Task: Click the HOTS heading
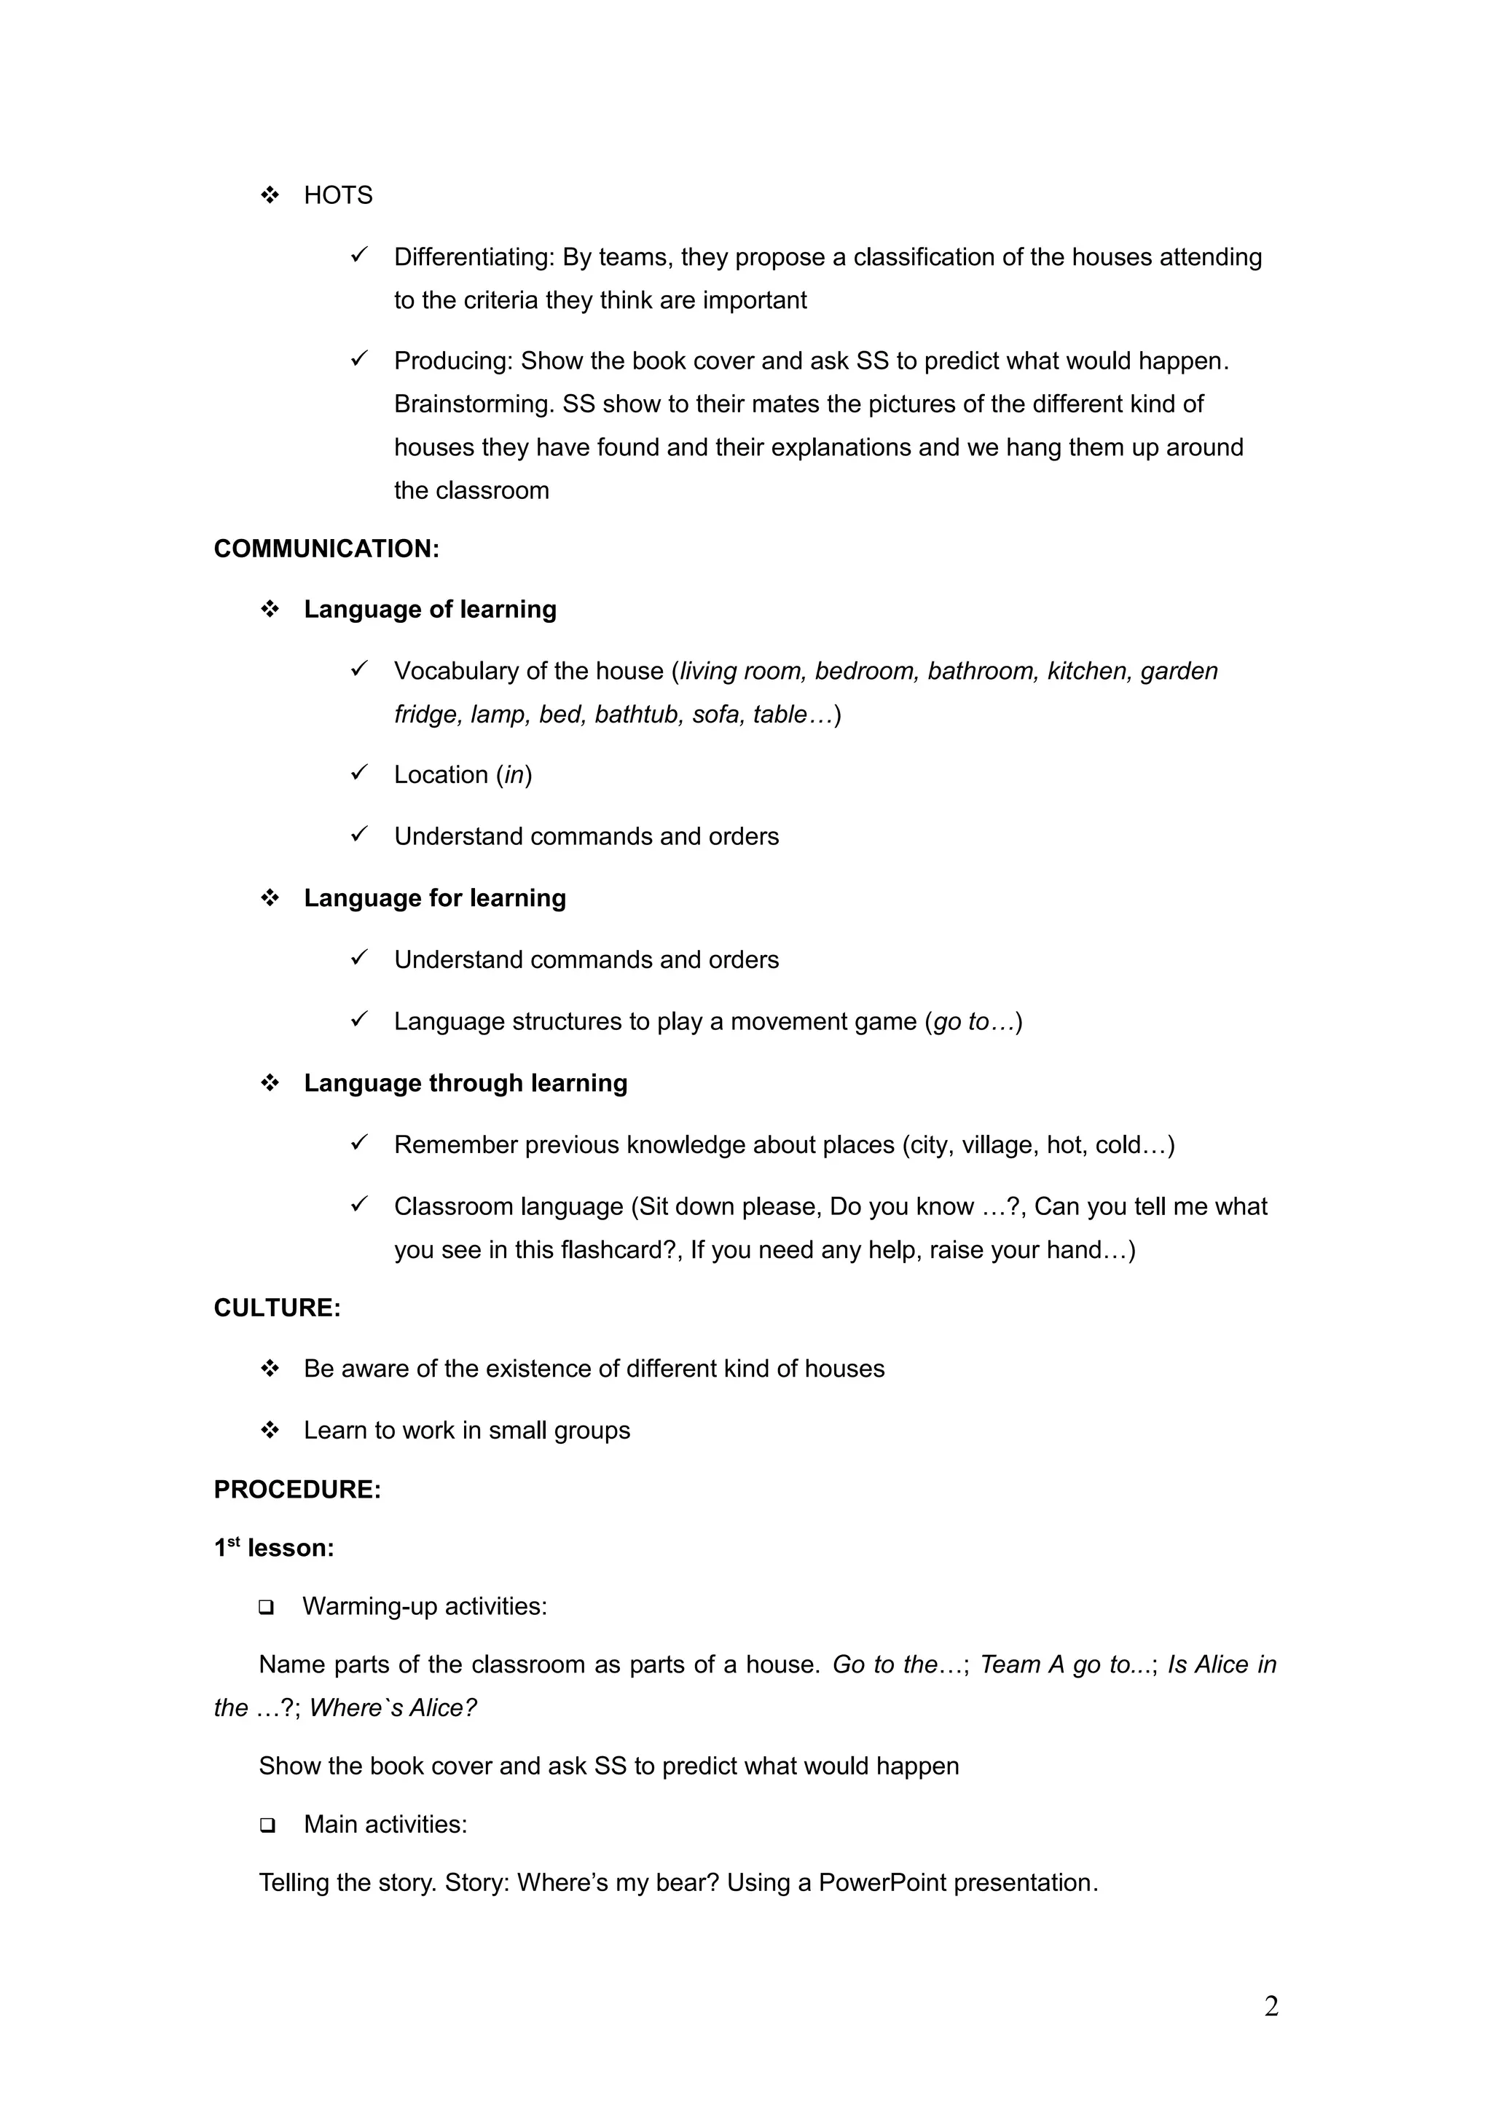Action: [337, 195]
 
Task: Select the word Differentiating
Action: [473, 256]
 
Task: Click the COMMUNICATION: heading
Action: [326, 549]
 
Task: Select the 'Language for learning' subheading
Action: [434, 898]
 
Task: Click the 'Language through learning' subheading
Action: [466, 1083]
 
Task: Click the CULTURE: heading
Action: [277, 1308]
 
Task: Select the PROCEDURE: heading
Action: [297, 1490]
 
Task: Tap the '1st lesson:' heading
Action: [274, 1549]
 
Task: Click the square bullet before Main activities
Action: [267, 1825]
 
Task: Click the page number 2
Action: [1271, 2006]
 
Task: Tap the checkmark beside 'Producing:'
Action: [359, 358]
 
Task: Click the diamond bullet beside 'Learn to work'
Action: [270, 1430]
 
